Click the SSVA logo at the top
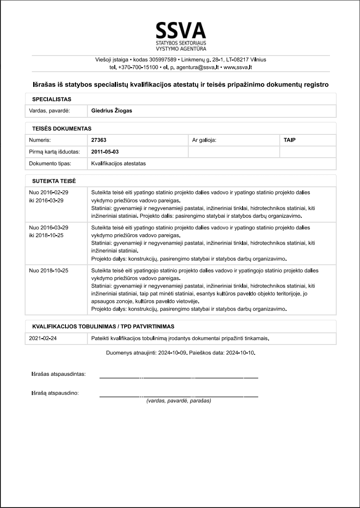(180, 36)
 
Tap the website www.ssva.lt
(238, 67)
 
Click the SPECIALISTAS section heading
(52, 99)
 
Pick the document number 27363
(99, 140)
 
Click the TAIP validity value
(290, 140)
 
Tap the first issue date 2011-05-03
(104, 152)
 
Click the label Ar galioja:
(204, 140)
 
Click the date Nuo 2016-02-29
(48, 192)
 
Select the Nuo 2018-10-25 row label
(48, 271)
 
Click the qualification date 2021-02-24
(43, 338)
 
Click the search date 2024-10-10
(241, 353)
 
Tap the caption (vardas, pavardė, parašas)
(178, 400)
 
